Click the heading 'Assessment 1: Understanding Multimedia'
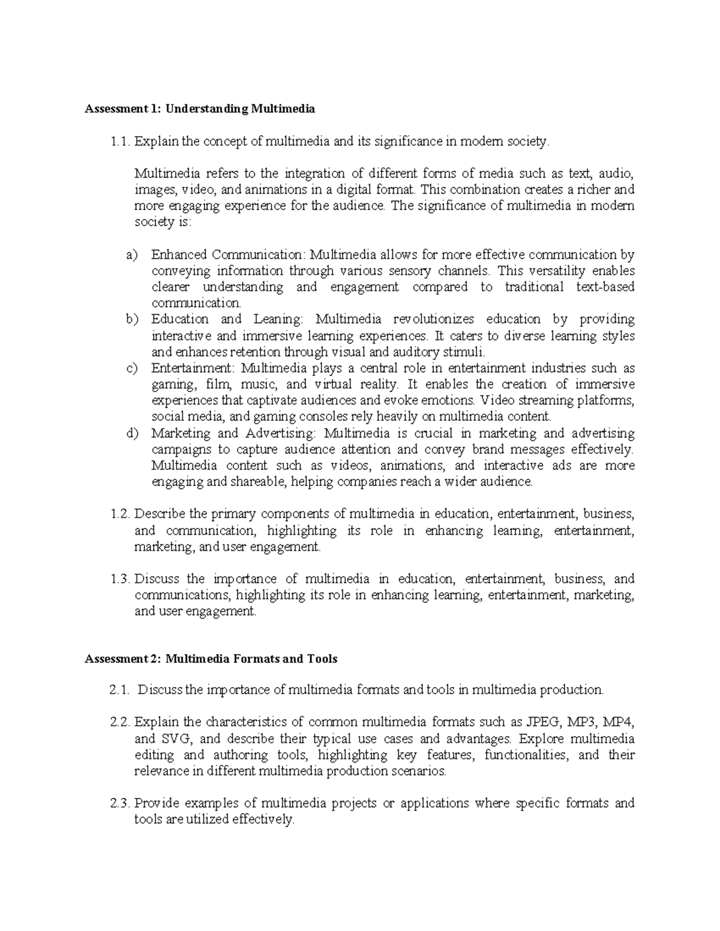click(200, 109)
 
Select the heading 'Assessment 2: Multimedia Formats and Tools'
click(211, 659)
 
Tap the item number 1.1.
click(120, 141)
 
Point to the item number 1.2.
click(120, 514)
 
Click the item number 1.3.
click(120, 579)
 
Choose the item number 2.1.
click(120, 690)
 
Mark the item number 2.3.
click(120, 803)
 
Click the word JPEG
click(542, 722)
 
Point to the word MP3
click(583, 722)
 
